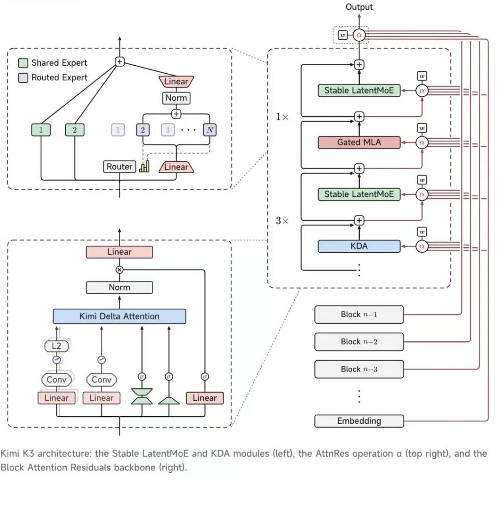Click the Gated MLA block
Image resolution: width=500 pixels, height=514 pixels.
(359, 142)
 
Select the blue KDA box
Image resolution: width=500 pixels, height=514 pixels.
(359, 246)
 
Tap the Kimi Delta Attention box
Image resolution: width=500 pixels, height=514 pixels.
(119, 316)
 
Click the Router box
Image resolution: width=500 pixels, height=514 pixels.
(119, 167)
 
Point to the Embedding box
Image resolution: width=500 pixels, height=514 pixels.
(359, 421)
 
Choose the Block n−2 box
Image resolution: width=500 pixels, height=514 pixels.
(359, 342)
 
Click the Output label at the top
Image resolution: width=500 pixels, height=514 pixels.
(359, 7)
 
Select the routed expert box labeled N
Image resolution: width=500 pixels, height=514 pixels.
(210, 130)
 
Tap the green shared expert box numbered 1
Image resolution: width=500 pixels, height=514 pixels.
(41, 130)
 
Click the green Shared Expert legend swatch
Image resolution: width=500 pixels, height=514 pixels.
(23, 63)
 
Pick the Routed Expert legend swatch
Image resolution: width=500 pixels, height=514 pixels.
(23, 78)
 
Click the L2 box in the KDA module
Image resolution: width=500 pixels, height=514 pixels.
(56, 346)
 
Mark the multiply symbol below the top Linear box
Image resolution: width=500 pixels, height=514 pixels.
(119, 270)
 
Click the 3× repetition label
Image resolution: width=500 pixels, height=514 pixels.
(282, 220)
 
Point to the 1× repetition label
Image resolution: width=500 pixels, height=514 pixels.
(282, 117)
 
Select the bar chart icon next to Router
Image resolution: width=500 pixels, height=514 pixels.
(144, 166)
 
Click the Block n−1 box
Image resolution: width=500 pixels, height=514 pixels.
(359, 315)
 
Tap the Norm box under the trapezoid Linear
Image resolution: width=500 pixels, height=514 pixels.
(176, 98)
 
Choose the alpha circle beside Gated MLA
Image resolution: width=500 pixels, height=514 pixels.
(422, 142)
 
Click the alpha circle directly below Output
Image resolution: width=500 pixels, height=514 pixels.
(359, 35)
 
